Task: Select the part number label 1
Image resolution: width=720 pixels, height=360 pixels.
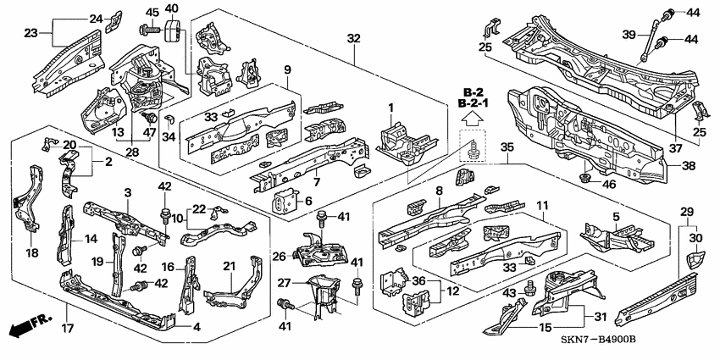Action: [391, 108]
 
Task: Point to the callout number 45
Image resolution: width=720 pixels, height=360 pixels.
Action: [152, 12]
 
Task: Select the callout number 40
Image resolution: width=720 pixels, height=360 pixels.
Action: [172, 9]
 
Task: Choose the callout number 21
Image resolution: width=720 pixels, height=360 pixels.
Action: [229, 267]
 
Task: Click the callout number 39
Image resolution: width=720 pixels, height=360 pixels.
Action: [628, 35]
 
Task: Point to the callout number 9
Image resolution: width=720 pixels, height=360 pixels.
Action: [287, 69]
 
